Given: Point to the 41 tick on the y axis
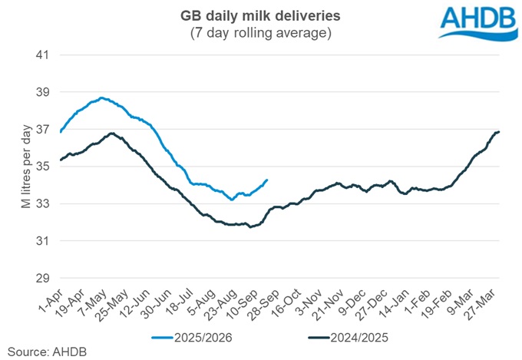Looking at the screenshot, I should [x=41, y=55].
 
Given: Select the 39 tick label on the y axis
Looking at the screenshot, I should [x=41, y=92].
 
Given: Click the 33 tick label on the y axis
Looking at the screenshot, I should [x=41, y=204].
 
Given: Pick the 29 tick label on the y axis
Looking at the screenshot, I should [x=41, y=278].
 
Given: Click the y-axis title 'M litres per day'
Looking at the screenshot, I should [x=16, y=167].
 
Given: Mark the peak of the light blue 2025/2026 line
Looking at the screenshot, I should [x=101, y=97].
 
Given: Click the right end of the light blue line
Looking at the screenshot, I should [x=267, y=180].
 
